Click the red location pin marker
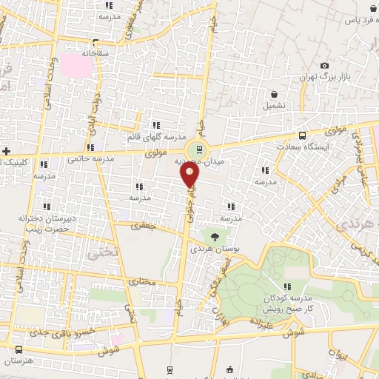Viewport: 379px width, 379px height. point(190,175)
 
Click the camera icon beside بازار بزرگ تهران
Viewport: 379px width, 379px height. point(324,67)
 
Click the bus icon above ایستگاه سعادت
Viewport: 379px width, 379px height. point(302,135)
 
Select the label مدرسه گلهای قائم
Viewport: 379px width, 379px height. point(163,137)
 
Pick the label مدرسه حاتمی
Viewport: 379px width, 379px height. point(90,158)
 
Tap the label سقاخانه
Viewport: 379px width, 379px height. point(95,53)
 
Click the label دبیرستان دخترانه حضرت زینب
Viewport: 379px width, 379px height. point(44,224)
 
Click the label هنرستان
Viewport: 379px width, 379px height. point(19,360)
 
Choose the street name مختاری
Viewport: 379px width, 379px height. point(140,281)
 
